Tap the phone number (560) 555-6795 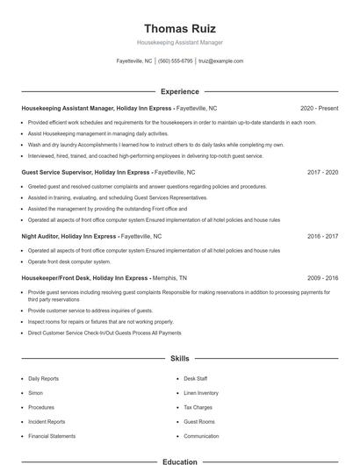pos(176,61)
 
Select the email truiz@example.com pos(221,61)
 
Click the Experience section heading pos(180,91)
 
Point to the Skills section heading pos(180,359)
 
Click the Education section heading pos(180,461)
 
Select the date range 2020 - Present pos(320,108)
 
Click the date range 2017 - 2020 pos(323,173)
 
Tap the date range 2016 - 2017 pos(323,236)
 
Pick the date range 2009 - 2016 pos(323,277)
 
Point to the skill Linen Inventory pos(201,393)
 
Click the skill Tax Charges pos(198,407)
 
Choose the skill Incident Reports pos(45,421)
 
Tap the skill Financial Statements pos(51,436)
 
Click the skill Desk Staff pos(196,379)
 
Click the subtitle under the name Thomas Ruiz pos(180,42)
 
